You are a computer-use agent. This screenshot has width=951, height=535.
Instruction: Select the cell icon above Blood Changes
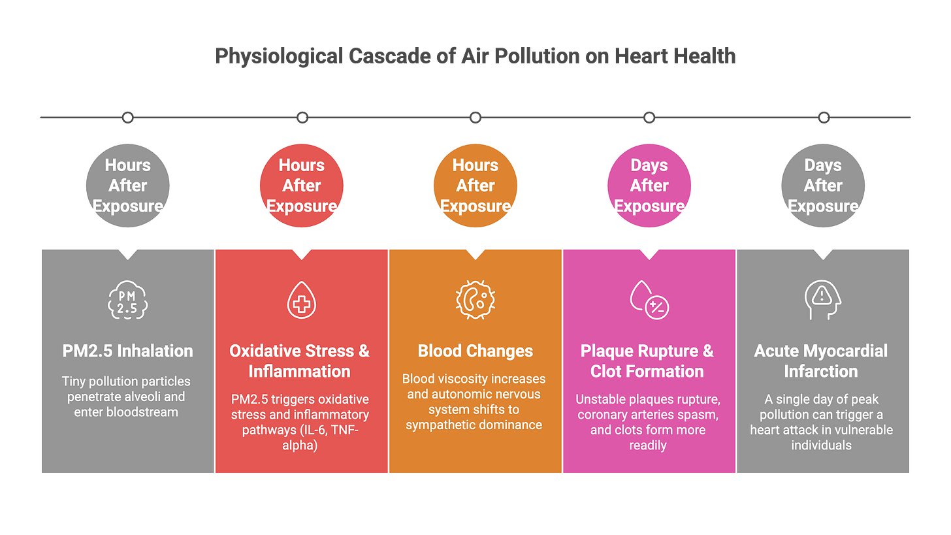475,300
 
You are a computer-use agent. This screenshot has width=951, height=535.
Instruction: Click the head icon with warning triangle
822,300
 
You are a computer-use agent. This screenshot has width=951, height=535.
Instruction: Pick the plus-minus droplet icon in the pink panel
649,300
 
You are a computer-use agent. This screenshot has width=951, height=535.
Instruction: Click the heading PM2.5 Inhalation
127,351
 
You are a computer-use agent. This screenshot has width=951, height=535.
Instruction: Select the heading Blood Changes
475,351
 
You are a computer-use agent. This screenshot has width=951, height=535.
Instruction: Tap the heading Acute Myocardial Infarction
821,361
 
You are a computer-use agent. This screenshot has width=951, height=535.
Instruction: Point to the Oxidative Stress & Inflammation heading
300,361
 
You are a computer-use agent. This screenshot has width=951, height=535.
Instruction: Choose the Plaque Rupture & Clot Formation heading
647,361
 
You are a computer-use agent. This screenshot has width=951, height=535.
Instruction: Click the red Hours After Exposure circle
301,186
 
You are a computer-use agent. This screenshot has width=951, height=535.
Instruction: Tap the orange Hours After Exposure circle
475,186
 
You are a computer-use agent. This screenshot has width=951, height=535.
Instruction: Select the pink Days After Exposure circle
649,186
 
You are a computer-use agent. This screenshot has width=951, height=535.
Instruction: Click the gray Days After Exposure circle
822,186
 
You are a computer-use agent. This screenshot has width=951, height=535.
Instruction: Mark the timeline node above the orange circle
475,118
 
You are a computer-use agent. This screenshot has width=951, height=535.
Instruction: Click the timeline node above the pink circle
649,118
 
